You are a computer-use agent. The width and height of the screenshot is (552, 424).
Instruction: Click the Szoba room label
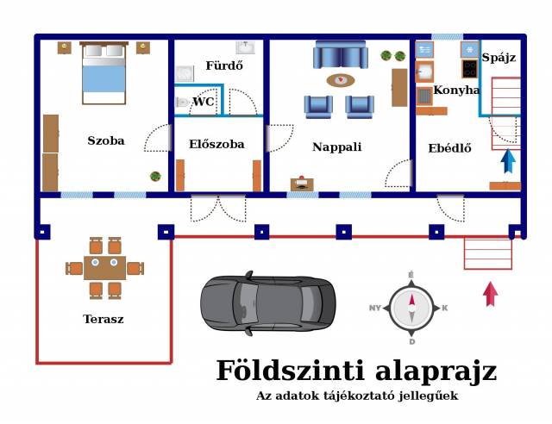pos(106,140)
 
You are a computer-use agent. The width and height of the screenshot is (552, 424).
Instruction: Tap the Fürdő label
pos(224,65)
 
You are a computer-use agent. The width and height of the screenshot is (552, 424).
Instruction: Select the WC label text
pos(204,102)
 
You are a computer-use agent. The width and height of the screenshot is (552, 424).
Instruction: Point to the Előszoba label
pos(216,144)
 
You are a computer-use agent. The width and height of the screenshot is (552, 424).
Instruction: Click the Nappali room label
pos(336,147)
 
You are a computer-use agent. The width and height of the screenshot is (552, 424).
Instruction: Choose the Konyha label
pos(456,90)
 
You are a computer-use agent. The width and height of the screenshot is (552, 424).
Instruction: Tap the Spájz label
pos(499,58)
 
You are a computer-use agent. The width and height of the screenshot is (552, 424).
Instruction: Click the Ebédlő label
pos(449,148)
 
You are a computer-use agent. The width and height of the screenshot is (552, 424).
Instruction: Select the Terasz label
pos(103,319)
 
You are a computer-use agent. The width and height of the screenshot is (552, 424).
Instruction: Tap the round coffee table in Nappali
pos(341,80)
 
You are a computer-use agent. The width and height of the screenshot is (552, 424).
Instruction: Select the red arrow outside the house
pos(490,294)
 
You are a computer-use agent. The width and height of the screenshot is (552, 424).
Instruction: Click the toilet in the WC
pos(183,103)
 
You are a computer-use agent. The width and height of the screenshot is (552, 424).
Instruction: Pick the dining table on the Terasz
pos(104,268)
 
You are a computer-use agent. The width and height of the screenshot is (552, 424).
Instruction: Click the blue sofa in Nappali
pos(340,56)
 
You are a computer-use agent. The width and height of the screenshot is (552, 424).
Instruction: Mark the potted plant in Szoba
pos(155,177)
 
